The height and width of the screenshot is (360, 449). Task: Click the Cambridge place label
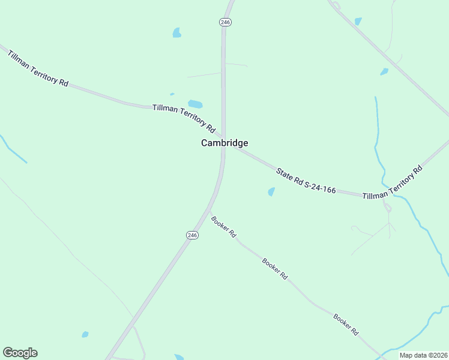tap(224, 143)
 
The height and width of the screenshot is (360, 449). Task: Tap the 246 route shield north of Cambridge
tap(225, 22)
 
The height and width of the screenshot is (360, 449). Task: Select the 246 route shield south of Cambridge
tap(192, 236)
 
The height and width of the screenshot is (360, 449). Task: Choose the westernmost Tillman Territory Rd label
tap(38, 69)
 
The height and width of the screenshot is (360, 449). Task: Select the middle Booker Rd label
tap(275, 269)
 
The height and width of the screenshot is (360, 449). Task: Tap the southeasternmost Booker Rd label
tap(346, 324)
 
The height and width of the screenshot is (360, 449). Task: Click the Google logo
tap(20, 353)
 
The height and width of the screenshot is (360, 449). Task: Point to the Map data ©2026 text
tap(423, 355)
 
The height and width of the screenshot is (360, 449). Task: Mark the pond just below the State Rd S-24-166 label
tap(271, 192)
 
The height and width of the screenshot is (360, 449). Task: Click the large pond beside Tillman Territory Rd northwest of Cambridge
tap(195, 104)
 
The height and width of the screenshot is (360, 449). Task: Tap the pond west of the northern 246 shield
tap(177, 32)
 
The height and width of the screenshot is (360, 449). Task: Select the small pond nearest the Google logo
tap(85, 334)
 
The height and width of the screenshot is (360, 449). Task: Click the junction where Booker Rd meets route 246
tap(209, 215)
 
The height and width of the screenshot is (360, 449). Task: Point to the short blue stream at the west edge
tap(13, 150)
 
